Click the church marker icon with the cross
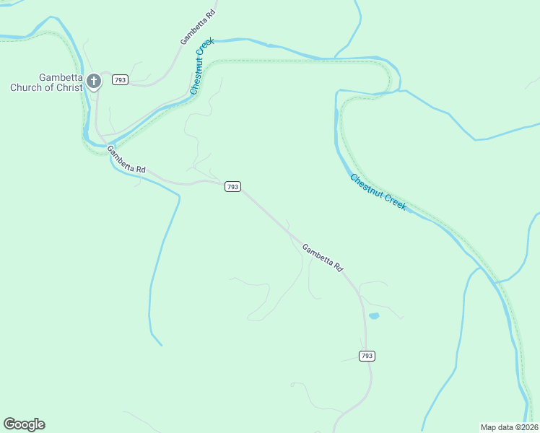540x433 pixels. (x=94, y=81)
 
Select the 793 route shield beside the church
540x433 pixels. (x=121, y=79)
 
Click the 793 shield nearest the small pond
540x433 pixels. (x=367, y=356)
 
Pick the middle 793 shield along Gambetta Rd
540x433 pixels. (x=232, y=186)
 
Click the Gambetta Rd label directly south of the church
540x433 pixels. (x=126, y=159)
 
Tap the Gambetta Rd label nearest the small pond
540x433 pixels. (x=322, y=257)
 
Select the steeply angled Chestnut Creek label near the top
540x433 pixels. (x=203, y=67)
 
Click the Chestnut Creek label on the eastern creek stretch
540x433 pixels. (x=378, y=193)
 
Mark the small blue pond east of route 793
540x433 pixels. (x=373, y=316)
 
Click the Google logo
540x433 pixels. (x=24, y=424)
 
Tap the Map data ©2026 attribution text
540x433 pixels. (x=509, y=427)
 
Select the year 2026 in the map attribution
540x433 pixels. (x=526, y=427)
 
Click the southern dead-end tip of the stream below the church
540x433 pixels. (x=161, y=345)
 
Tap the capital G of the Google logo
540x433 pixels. (x=9, y=424)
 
